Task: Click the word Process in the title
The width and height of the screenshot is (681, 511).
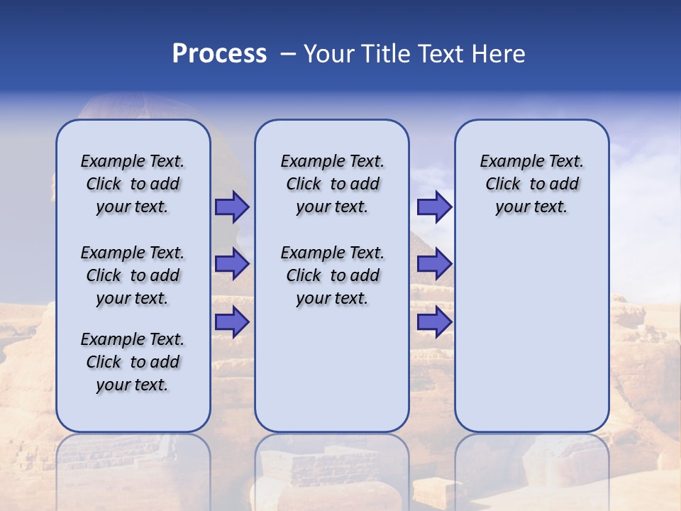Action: tap(219, 54)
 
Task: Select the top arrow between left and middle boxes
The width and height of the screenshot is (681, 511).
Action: tap(231, 207)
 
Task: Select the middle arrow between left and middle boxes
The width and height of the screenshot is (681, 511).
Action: tap(231, 265)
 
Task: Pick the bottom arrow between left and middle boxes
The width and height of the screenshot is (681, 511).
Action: tap(231, 322)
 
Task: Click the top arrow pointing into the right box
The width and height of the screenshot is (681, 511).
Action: tap(433, 207)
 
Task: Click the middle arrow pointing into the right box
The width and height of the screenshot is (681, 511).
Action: tap(433, 265)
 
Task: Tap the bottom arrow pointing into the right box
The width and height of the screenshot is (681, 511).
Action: tap(433, 322)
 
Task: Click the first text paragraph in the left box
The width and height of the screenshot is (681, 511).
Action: tap(133, 184)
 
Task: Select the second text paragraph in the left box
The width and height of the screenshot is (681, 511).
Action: tap(133, 275)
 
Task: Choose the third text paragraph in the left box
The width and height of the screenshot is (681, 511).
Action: tap(133, 362)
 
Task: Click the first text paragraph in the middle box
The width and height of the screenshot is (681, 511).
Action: tap(332, 184)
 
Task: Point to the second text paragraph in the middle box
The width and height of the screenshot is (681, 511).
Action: tap(332, 275)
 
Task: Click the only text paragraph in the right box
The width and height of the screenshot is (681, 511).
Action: tap(531, 184)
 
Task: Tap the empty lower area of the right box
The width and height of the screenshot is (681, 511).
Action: tap(531, 334)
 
